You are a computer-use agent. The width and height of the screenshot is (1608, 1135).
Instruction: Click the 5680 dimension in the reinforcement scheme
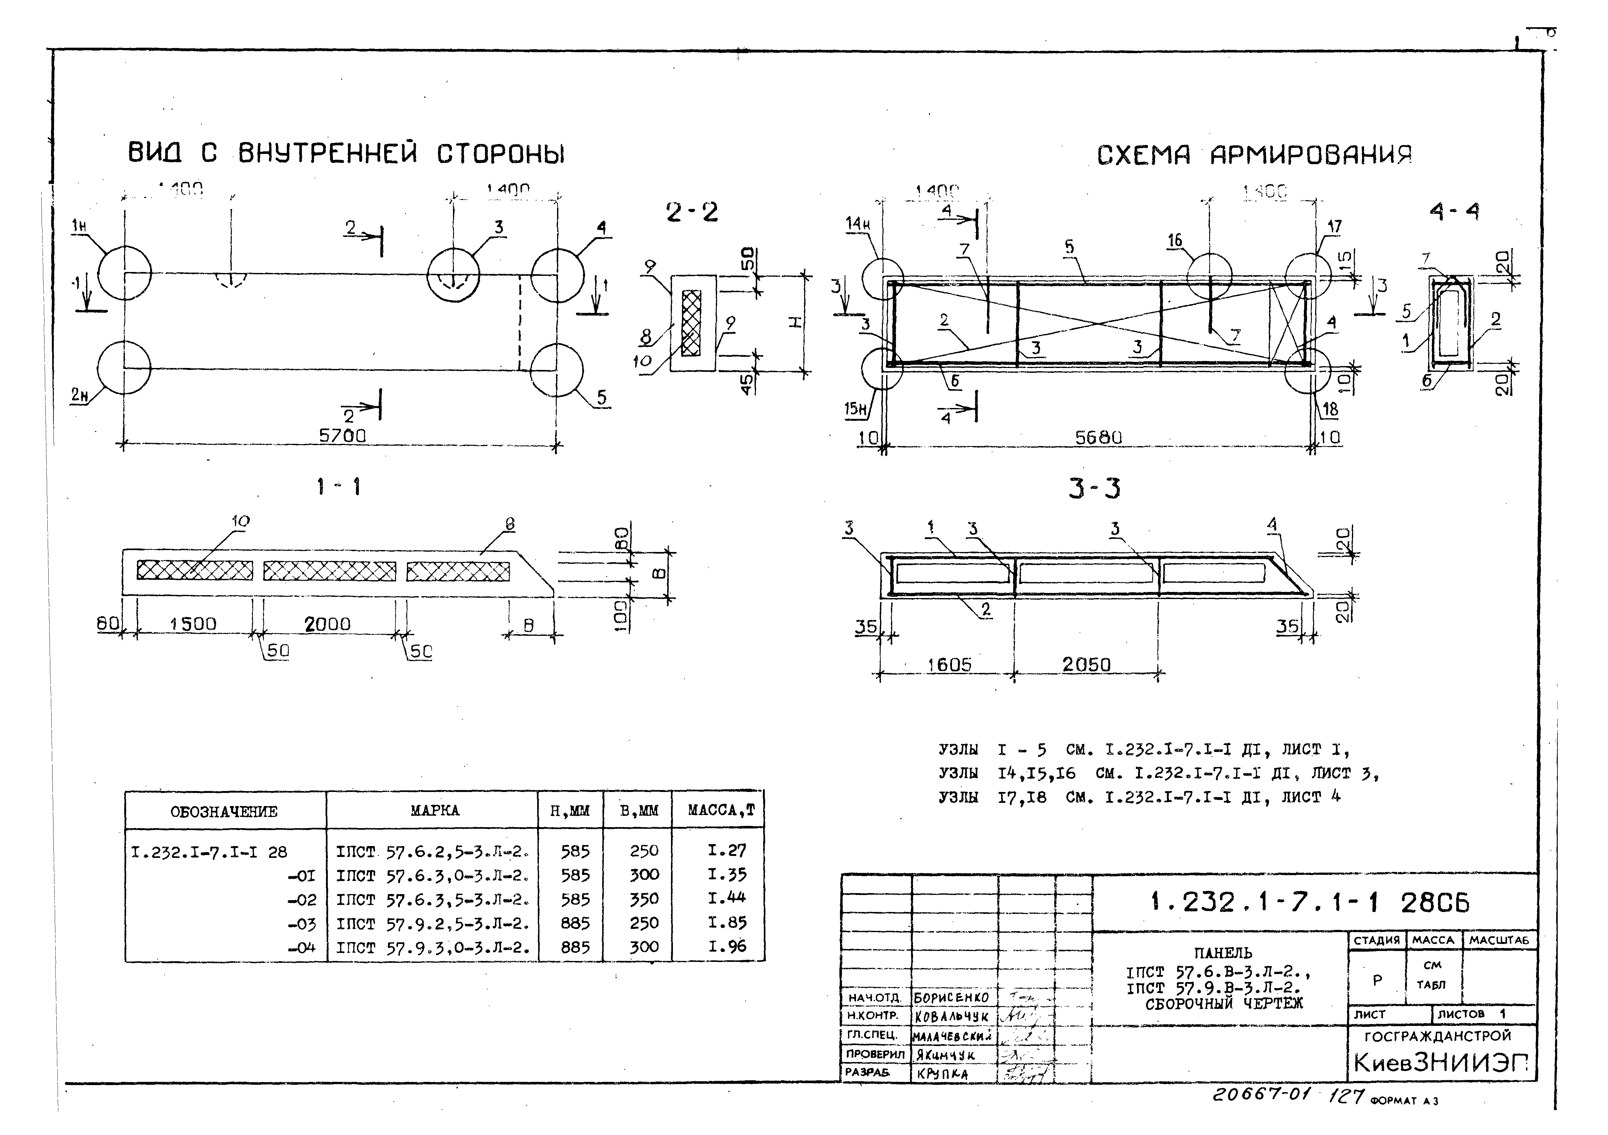[x=1098, y=438]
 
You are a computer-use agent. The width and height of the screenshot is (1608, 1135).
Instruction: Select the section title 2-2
[x=692, y=212]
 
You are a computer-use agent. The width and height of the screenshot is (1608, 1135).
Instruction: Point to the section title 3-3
[x=1094, y=488]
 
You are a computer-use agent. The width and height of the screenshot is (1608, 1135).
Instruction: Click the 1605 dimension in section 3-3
[x=949, y=665]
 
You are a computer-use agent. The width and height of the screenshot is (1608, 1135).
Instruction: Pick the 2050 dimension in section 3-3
[x=1086, y=665]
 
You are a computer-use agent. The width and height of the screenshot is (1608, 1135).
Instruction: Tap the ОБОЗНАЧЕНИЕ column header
[x=224, y=811]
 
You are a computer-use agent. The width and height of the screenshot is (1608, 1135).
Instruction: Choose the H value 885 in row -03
[x=575, y=923]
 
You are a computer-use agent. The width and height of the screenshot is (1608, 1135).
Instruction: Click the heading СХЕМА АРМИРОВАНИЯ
[x=1254, y=155]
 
